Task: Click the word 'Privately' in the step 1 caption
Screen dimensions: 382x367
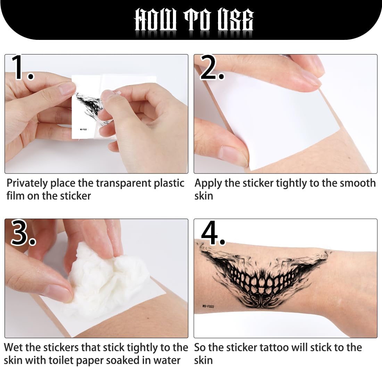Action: point(27,183)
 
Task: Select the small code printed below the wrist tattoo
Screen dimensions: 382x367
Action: point(208,306)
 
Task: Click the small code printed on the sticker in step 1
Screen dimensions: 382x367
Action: point(84,129)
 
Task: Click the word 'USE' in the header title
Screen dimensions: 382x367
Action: point(235,19)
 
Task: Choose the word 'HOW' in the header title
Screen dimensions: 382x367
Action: point(156,19)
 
